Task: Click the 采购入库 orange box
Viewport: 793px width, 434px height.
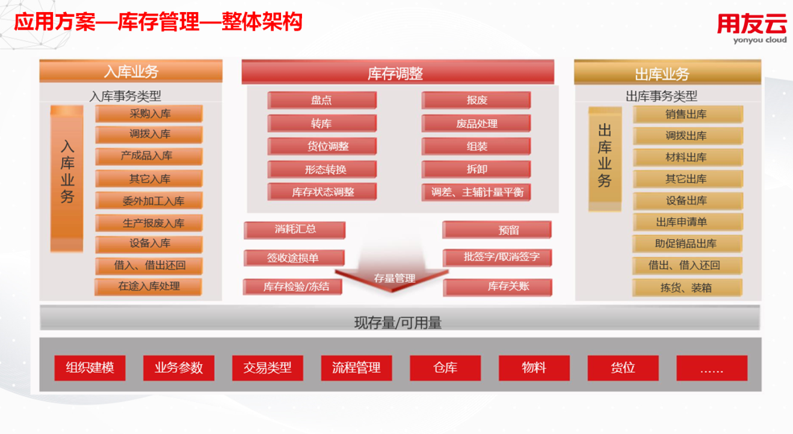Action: [x=149, y=114]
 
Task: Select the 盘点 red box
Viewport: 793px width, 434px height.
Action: [x=322, y=100]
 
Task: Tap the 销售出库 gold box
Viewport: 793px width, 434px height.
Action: [x=688, y=115]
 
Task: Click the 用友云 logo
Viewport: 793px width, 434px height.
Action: [x=751, y=28]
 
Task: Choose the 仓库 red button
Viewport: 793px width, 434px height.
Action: [x=445, y=368]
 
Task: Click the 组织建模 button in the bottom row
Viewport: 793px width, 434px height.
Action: [x=90, y=368]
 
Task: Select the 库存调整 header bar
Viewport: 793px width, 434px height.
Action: [x=398, y=72]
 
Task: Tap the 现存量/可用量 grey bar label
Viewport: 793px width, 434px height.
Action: [x=398, y=323]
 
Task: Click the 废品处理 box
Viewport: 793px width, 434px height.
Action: [x=476, y=123]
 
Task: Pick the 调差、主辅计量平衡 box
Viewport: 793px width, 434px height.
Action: [x=476, y=192]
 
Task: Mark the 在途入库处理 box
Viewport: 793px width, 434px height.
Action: [x=149, y=287]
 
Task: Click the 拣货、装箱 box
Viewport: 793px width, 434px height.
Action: [x=687, y=287]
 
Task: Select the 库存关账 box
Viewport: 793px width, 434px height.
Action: [x=498, y=287]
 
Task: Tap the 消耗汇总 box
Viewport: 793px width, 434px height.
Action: [x=295, y=230]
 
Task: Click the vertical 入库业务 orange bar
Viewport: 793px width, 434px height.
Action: [x=67, y=179]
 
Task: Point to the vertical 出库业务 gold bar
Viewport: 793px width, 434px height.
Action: [x=605, y=159]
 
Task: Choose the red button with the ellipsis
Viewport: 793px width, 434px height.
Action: [x=712, y=368]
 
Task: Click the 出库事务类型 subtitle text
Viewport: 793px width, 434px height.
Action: [x=661, y=96]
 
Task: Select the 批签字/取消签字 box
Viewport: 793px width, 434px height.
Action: [x=498, y=257]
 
